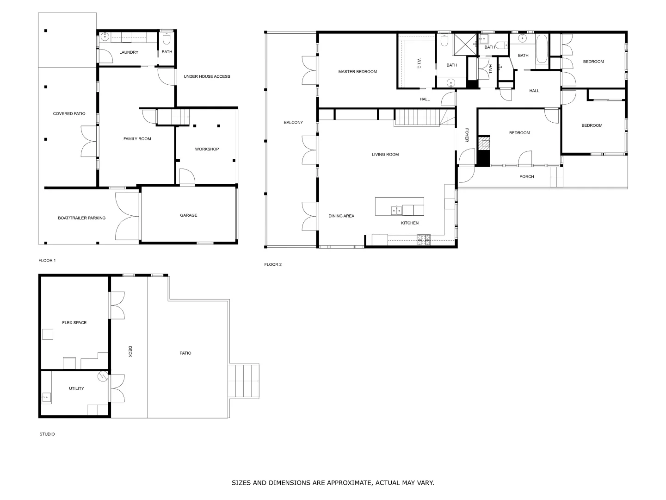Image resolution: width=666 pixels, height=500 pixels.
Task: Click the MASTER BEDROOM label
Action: tap(357, 72)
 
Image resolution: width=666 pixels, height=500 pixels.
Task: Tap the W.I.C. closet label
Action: tap(418, 64)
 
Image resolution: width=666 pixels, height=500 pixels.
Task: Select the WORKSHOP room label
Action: tap(207, 149)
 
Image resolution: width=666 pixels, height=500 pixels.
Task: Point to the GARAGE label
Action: tap(188, 215)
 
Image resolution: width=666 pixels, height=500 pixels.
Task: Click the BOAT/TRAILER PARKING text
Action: tap(81, 218)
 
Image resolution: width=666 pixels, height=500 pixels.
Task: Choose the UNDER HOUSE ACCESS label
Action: tap(207, 76)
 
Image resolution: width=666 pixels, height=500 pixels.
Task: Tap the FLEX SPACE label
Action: tap(74, 323)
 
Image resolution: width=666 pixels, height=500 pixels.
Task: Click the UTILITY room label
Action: tap(76, 388)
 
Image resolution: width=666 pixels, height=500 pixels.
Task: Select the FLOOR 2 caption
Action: tap(272, 264)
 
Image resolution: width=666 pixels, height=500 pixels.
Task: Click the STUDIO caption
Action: tap(47, 434)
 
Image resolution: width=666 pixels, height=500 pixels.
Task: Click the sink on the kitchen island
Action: tap(396, 210)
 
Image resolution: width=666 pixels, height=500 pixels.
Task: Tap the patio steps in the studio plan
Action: tap(244, 381)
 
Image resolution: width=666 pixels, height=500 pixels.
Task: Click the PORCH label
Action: tap(526, 176)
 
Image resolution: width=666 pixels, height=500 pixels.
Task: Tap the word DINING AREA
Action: tap(341, 216)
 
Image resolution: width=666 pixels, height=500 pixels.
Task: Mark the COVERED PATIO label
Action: tap(69, 113)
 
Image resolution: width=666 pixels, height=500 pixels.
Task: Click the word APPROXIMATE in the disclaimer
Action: tap(343, 483)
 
